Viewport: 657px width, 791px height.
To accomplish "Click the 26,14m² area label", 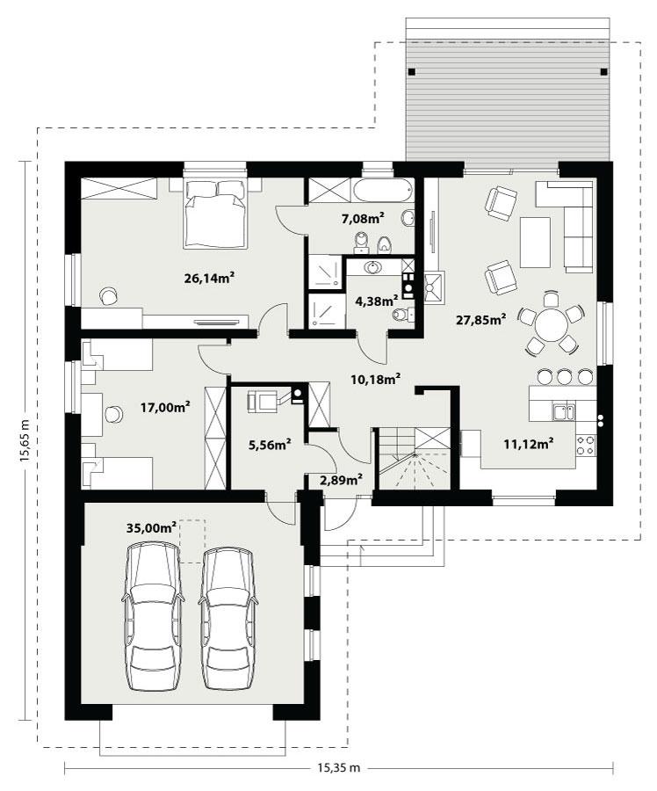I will point(208,279).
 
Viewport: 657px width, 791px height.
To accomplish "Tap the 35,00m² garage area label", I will point(152,527).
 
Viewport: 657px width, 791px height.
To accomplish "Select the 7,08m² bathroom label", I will point(363,218).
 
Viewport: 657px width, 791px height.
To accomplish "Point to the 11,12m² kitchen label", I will point(528,443).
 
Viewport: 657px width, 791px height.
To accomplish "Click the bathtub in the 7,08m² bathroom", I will point(384,190).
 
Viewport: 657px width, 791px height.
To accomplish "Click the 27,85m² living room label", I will point(480,320).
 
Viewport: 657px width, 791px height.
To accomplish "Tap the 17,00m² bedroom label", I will point(166,407).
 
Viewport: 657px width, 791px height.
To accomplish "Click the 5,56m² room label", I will point(270,445).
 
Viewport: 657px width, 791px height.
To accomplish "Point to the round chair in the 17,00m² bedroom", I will point(113,413).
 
